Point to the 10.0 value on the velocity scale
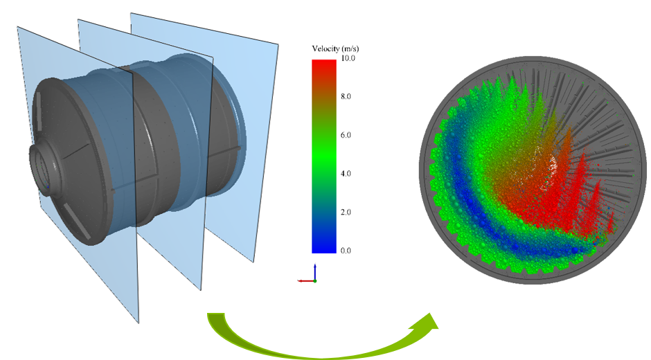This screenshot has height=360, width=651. pos(348,58)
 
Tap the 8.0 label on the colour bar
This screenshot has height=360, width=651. pos(346,96)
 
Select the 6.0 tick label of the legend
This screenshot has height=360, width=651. pos(346,135)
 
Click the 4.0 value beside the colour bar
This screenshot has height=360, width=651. pos(346,174)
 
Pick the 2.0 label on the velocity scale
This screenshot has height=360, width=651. pos(346,212)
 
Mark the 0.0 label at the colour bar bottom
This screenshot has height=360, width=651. pos(346,251)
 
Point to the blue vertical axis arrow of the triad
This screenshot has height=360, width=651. pos(315,271)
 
